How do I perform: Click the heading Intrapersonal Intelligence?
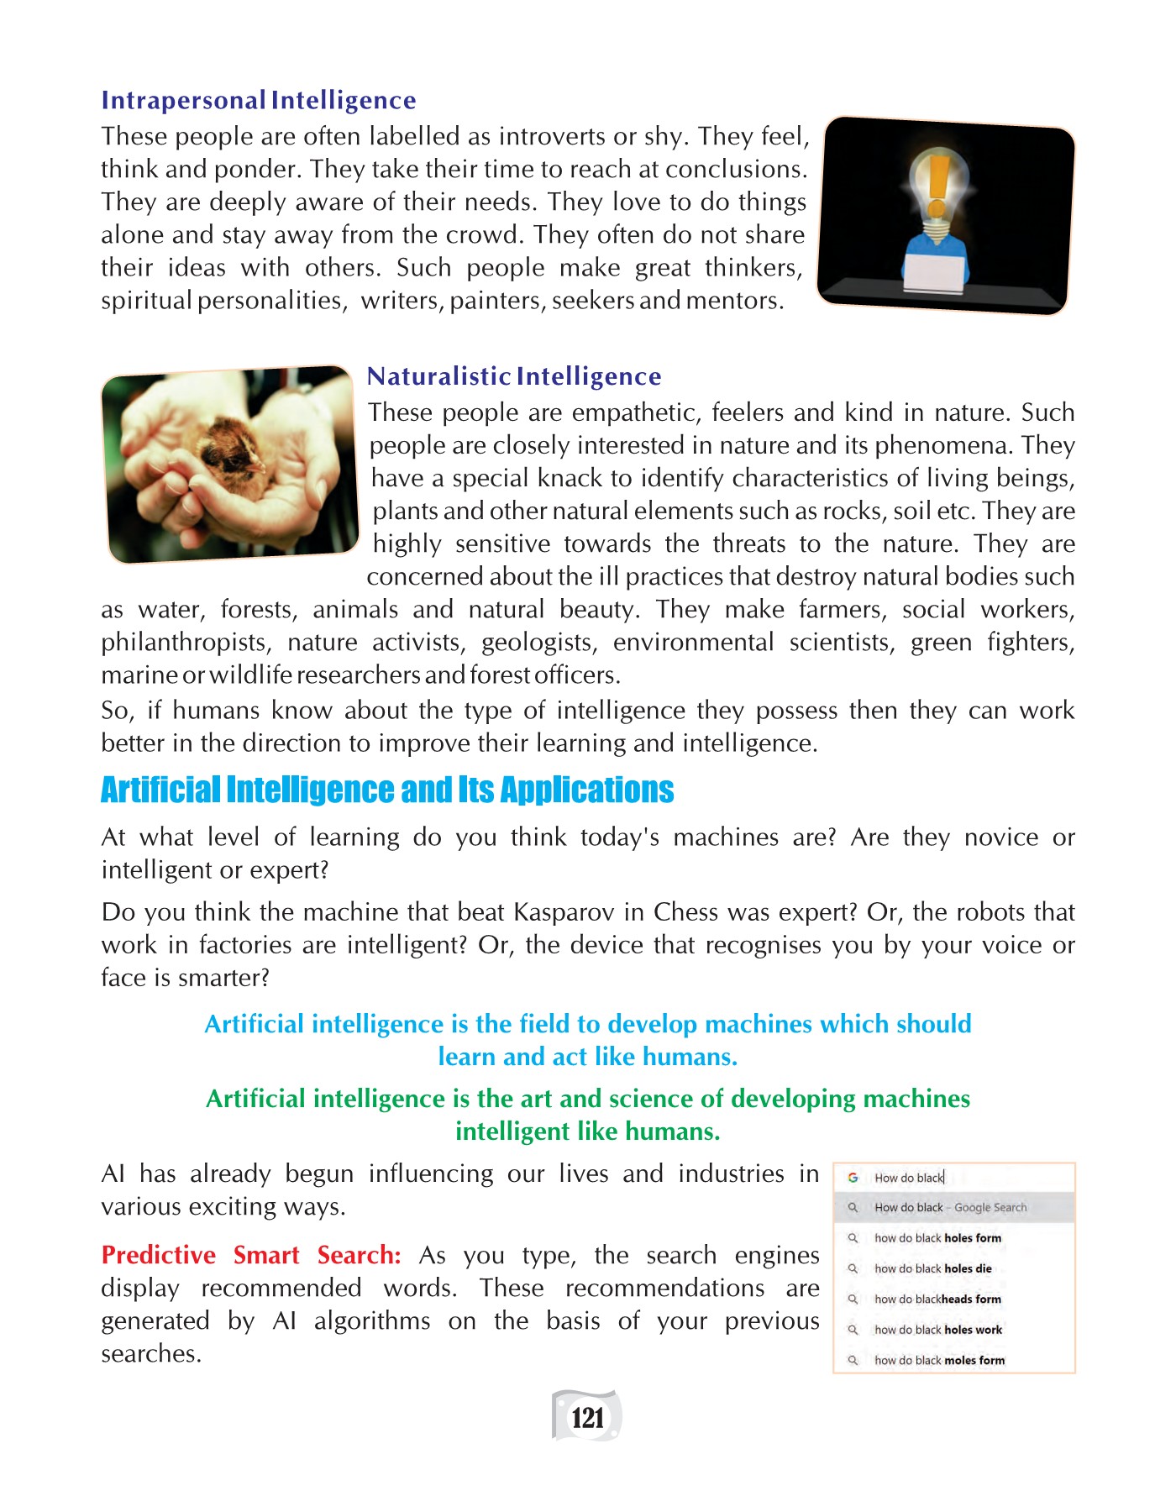(258, 101)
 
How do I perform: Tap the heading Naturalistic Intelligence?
(514, 376)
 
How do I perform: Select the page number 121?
(587, 1418)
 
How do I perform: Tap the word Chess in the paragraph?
(686, 912)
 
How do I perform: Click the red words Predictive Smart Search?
(250, 1255)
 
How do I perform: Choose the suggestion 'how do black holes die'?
(932, 1268)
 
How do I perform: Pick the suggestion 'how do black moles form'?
(939, 1360)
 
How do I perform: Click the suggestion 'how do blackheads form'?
(937, 1299)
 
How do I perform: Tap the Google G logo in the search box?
(853, 1178)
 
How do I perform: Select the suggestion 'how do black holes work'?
(937, 1330)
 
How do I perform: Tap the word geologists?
(538, 643)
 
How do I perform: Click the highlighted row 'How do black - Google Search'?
(950, 1207)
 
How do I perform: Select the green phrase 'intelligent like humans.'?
(587, 1131)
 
